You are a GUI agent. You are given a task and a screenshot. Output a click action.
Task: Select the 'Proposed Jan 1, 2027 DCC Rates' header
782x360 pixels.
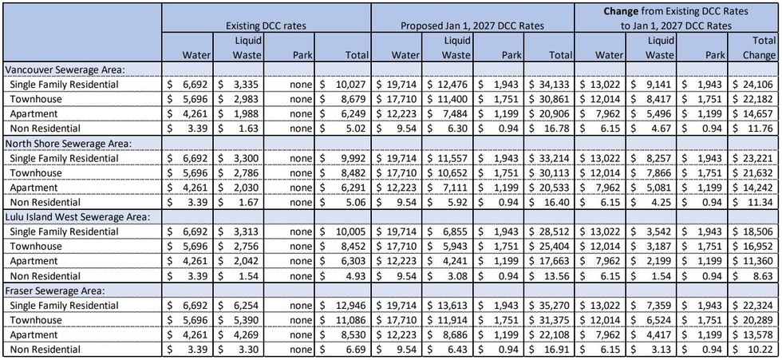point(472,26)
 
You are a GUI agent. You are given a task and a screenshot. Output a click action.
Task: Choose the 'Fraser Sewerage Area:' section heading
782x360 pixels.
point(52,291)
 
